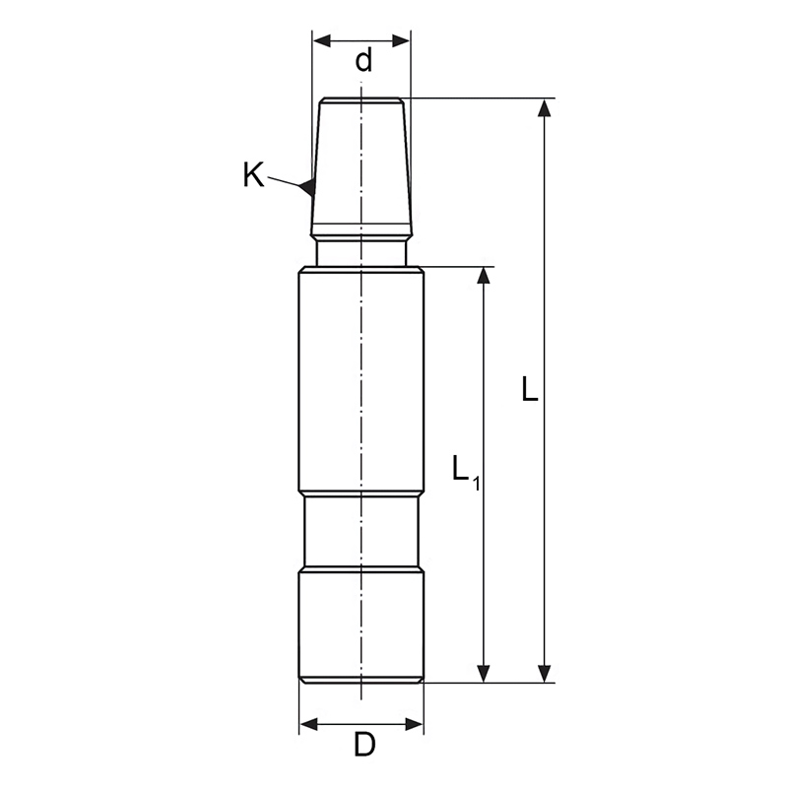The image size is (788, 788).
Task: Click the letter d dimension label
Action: click(363, 60)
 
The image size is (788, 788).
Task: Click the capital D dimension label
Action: click(364, 745)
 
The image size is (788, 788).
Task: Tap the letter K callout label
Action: click(253, 175)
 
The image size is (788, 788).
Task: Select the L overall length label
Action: click(530, 388)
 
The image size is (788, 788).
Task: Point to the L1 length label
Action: click(466, 471)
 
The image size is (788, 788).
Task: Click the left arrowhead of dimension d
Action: click(322, 40)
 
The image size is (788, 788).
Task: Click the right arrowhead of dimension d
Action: click(401, 40)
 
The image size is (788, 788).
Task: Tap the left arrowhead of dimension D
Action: click(308, 724)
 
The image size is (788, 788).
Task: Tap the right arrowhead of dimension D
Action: click(414, 724)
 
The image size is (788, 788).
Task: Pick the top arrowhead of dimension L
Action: click(544, 108)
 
